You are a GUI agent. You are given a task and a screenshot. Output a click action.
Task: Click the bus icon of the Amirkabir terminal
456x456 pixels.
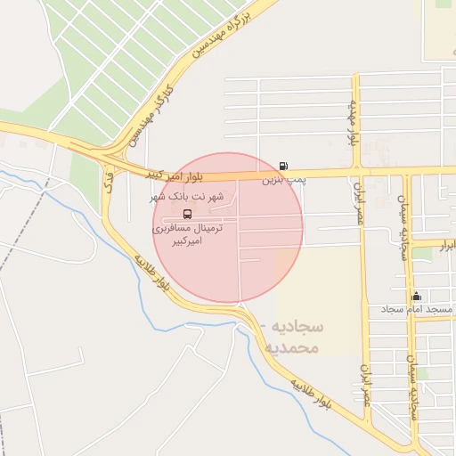[x=187, y=214]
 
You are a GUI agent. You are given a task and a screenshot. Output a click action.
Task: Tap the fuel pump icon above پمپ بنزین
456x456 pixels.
[x=283, y=166]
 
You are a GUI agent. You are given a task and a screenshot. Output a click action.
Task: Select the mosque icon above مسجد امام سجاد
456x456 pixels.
[x=416, y=296]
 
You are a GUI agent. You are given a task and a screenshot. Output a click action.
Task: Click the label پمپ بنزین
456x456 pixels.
[x=283, y=180]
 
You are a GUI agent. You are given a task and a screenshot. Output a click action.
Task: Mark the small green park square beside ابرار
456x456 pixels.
[x=422, y=254]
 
